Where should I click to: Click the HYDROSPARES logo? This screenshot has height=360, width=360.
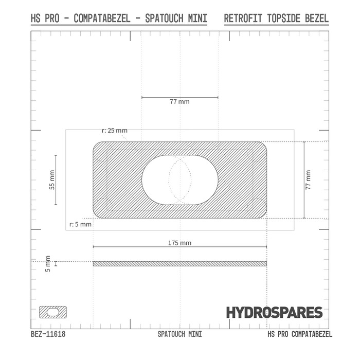[x=274, y=312]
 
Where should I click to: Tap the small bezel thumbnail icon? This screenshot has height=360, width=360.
[x=53, y=312]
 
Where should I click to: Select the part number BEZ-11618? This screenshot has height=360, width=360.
[x=48, y=334]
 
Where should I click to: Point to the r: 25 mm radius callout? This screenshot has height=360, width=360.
[x=114, y=131]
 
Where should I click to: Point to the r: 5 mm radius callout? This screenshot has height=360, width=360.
[x=80, y=224]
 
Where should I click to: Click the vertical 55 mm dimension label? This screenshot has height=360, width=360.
[x=51, y=179]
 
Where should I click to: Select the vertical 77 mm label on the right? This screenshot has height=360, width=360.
[x=308, y=180]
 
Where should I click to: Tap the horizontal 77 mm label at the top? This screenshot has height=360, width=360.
[x=179, y=102]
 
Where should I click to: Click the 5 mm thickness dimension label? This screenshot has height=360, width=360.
[x=48, y=264]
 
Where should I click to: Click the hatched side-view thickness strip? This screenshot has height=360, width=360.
[x=179, y=264]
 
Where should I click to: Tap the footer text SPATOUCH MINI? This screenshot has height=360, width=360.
[x=179, y=334]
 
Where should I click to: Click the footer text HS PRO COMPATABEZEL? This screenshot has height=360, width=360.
[x=300, y=334]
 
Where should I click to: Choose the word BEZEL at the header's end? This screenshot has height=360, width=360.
[x=315, y=19]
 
